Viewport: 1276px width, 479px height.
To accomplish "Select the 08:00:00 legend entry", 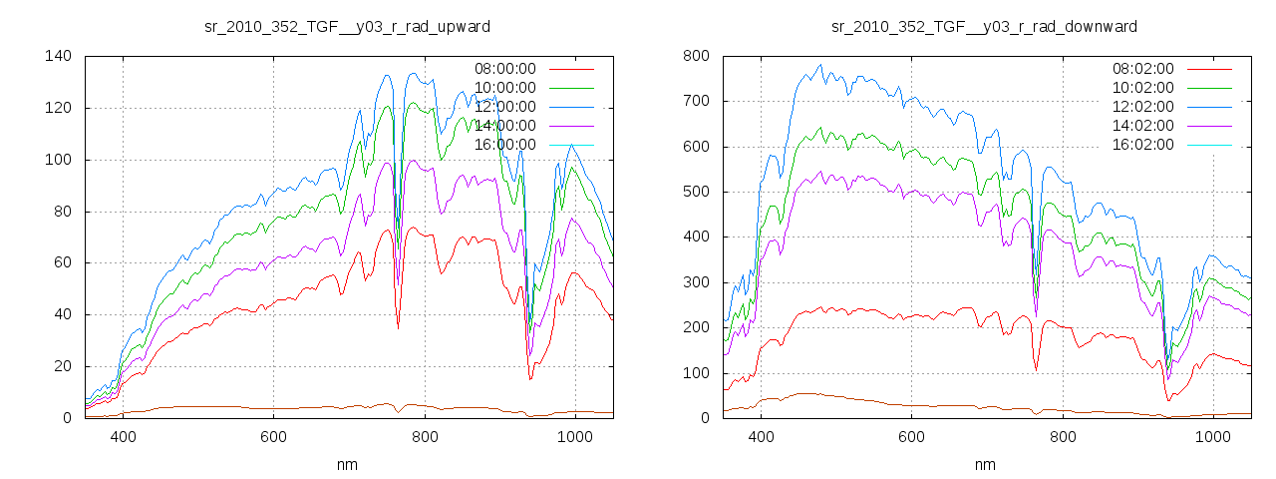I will click(x=504, y=69).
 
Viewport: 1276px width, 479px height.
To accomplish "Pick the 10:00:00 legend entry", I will click(x=504, y=88).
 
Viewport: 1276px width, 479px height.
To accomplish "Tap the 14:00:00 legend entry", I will click(x=504, y=126).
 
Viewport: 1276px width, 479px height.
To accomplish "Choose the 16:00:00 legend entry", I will click(x=504, y=145).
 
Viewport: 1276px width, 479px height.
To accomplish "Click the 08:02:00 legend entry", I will click(x=1142, y=69).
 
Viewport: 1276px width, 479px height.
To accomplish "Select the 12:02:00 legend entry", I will click(x=1142, y=107).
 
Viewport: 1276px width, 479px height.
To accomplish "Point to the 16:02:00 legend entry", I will click(x=1142, y=145).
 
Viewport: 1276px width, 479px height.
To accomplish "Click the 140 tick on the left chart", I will click(x=57, y=56).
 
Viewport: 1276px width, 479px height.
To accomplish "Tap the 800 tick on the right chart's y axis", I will click(x=695, y=56).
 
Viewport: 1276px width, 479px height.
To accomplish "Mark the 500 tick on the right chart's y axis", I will click(x=695, y=192).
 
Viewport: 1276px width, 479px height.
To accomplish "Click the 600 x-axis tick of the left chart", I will click(x=274, y=436).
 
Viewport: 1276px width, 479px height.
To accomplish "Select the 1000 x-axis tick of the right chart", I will click(x=1212, y=436).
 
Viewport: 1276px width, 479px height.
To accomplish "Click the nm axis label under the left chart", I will click(x=347, y=464).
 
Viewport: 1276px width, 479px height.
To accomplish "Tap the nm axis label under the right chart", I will click(x=985, y=464).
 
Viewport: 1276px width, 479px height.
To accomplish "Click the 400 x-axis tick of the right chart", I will click(x=761, y=436).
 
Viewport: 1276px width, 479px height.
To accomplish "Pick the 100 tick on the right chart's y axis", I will click(x=695, y=373).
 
